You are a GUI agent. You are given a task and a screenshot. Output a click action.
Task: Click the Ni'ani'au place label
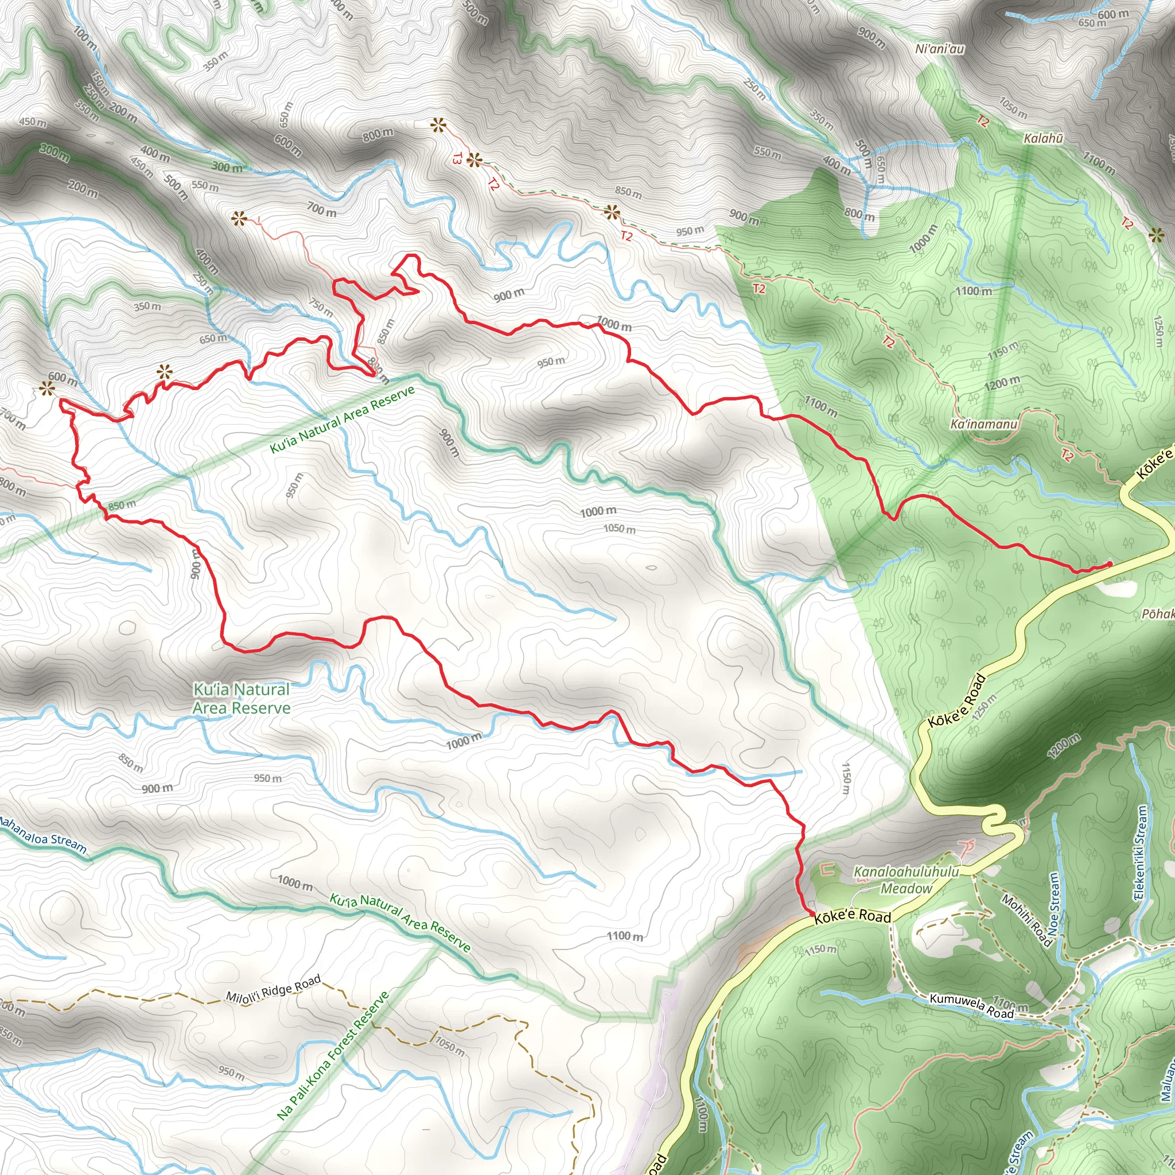(940, 49)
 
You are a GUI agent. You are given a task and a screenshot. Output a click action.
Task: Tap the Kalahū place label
(1043, 139)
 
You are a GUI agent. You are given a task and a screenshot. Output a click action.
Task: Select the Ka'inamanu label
(983, 424)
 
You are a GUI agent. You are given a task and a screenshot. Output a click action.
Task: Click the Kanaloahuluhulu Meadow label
(906, 880)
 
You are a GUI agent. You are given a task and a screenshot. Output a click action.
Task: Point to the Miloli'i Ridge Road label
(273, 989)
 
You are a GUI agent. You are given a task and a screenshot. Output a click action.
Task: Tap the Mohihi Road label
(1026, 920)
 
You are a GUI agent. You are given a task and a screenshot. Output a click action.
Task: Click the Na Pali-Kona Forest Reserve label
(333, 1055)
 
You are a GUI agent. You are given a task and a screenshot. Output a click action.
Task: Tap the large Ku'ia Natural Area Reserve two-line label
(242, 699)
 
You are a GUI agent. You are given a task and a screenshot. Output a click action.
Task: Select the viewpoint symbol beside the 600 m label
(46, 388)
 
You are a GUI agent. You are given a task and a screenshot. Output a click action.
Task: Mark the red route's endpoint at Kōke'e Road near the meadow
(812, 913)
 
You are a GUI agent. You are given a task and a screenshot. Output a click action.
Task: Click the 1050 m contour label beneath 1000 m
(619, 528)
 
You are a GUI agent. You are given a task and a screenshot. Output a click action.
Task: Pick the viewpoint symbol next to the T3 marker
(475, 161)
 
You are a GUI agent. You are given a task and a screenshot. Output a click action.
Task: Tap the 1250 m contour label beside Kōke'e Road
(984, 708)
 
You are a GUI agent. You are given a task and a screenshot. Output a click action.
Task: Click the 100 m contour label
(84, 38)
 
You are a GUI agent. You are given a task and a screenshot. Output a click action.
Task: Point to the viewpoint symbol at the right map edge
(1157, 235)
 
